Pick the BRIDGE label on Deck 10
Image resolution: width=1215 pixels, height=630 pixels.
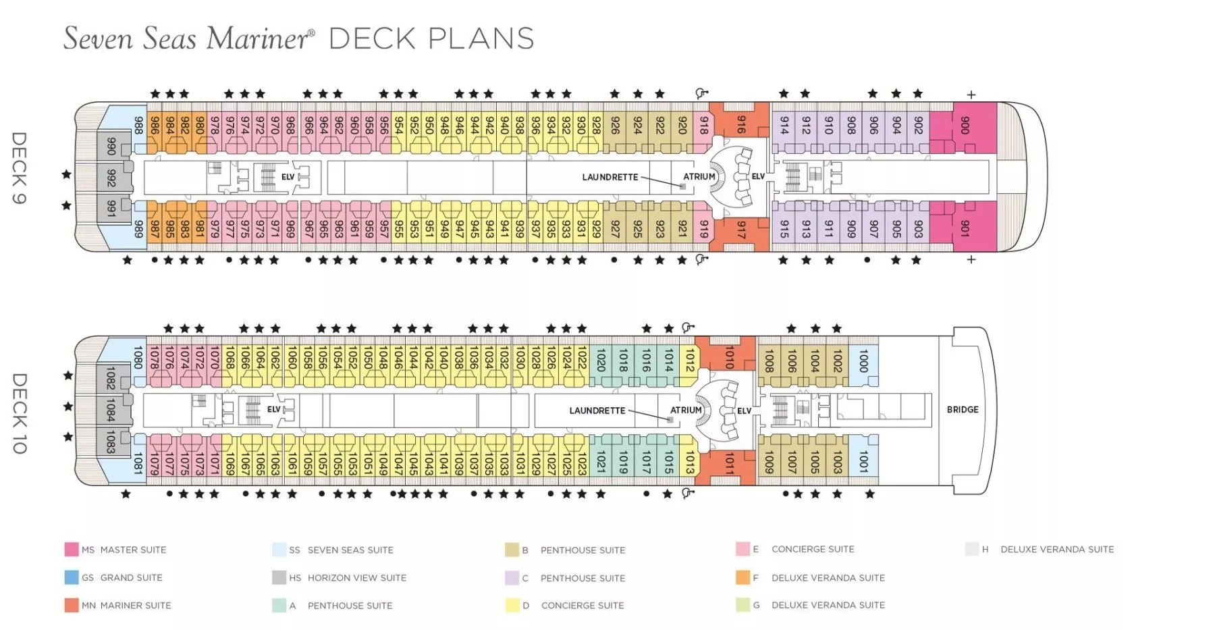963,409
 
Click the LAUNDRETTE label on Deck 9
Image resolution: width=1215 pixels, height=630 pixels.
610,177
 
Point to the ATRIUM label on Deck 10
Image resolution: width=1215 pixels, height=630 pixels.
686,410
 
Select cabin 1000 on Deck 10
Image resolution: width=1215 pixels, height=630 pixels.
863,361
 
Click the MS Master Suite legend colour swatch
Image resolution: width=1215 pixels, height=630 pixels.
72,549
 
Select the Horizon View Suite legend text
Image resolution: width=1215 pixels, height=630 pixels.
357,577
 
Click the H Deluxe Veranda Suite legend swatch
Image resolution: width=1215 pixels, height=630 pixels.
972,549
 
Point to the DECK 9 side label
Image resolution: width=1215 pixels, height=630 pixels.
19,167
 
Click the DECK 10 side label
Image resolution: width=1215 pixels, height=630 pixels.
19,413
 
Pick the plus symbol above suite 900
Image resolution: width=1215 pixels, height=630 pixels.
971,95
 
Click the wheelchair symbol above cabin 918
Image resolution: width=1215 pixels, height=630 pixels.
702,93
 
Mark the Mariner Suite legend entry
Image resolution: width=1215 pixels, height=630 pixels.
118,605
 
